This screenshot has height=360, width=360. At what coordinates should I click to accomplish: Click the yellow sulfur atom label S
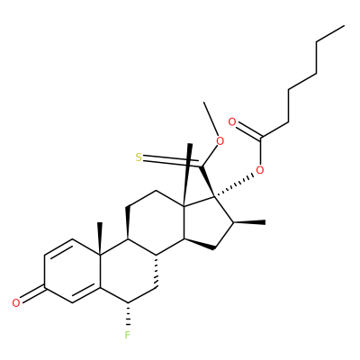pyautogui.click(x=139, y=157)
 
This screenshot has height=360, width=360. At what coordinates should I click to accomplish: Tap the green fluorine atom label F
pyautogui.click(x=128, y=335)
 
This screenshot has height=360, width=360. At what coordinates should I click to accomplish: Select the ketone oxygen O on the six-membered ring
pyautogui.click(x=16, y=302)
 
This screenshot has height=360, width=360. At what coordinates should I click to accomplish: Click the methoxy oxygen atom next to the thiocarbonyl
pyautogui.click(x=220, y=140)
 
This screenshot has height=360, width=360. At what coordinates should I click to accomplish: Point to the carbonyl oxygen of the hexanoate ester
pyautogui.click(x=232, y=122)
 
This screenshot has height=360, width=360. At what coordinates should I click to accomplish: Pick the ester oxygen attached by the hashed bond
pyautogui.click(x=260, y=170)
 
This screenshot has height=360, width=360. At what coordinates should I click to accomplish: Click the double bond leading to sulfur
pyautogui.click(x=171, y=161)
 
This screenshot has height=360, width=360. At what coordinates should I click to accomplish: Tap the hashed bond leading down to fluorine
pyautogui.click(x=128, y=314)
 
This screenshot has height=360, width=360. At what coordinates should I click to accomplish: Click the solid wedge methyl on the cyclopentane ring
pyautogui.click(x=249, y=222)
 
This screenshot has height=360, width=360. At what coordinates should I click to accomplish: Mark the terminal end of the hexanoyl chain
pyautogui.click(x=344, y=26)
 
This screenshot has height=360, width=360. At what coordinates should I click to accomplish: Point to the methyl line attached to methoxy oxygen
pyautogui.click(x=211, y=119)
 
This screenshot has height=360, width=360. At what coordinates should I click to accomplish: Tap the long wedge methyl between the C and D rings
pyautogui.click(x=187, y=175)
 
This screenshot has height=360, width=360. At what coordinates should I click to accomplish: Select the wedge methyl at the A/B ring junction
pyautogui.click(x=100, y=238)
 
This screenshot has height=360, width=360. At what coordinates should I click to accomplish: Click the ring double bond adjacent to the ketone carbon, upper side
pyautogui.click(x=58, y=247)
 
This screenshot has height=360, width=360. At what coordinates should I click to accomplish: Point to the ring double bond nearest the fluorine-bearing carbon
pyautogui.click(x=86, y=295)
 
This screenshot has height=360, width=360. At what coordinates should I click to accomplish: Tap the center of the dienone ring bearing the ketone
pyautogui.click(x=72, y=271)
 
